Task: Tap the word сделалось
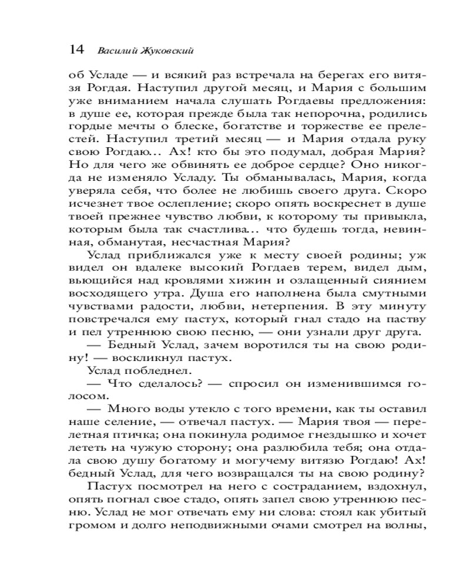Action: click(164, 383)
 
